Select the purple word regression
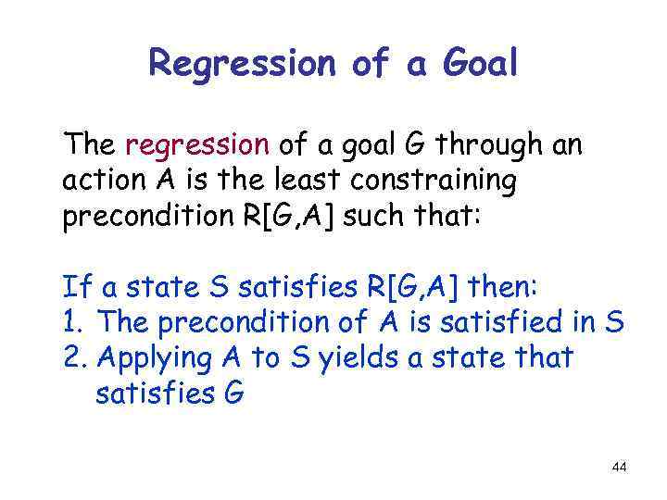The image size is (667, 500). pos(197,145)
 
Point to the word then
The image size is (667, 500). pos(508,288)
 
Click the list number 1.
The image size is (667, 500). pos(72,322)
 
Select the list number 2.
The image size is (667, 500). pos(73,356)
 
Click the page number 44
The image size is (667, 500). pos(619,468)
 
